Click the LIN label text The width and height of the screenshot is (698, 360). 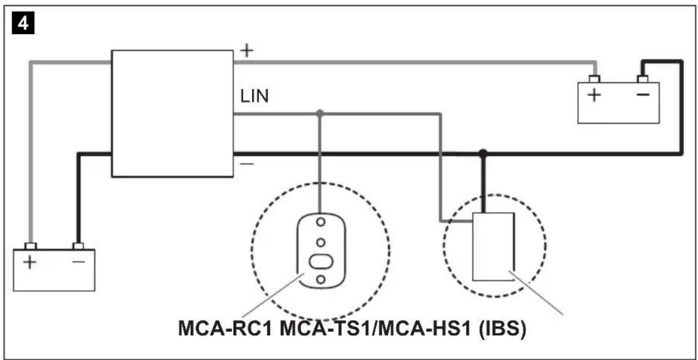254,96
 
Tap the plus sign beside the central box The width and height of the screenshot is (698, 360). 247,51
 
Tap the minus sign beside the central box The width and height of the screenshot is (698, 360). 247,164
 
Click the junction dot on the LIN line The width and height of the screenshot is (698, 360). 320,113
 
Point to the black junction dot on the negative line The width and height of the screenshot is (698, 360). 482,153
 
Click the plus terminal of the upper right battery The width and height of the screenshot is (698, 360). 593,79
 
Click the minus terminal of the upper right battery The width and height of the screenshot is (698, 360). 642,79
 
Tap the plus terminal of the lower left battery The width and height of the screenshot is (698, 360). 31,246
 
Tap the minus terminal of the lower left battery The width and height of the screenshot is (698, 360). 78,246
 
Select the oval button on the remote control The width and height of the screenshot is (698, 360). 320,262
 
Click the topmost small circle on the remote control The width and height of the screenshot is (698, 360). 320,222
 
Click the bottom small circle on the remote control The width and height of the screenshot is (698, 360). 320,279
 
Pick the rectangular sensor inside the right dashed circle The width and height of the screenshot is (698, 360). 493,246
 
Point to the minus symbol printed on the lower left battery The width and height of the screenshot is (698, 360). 78,262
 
